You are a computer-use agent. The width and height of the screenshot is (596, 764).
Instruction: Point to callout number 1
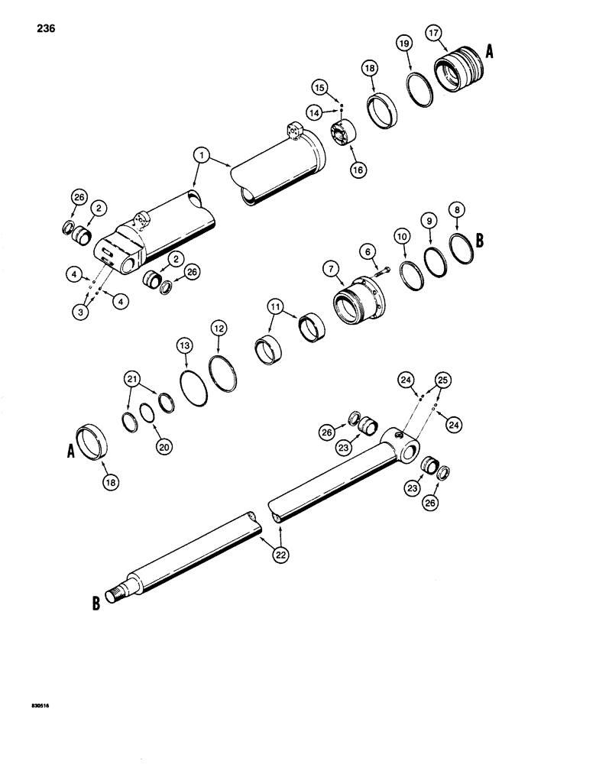(200, 156)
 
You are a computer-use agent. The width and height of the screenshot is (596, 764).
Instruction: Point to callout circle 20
(163, 448)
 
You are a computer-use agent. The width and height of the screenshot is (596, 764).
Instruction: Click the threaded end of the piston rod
(119, 592)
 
